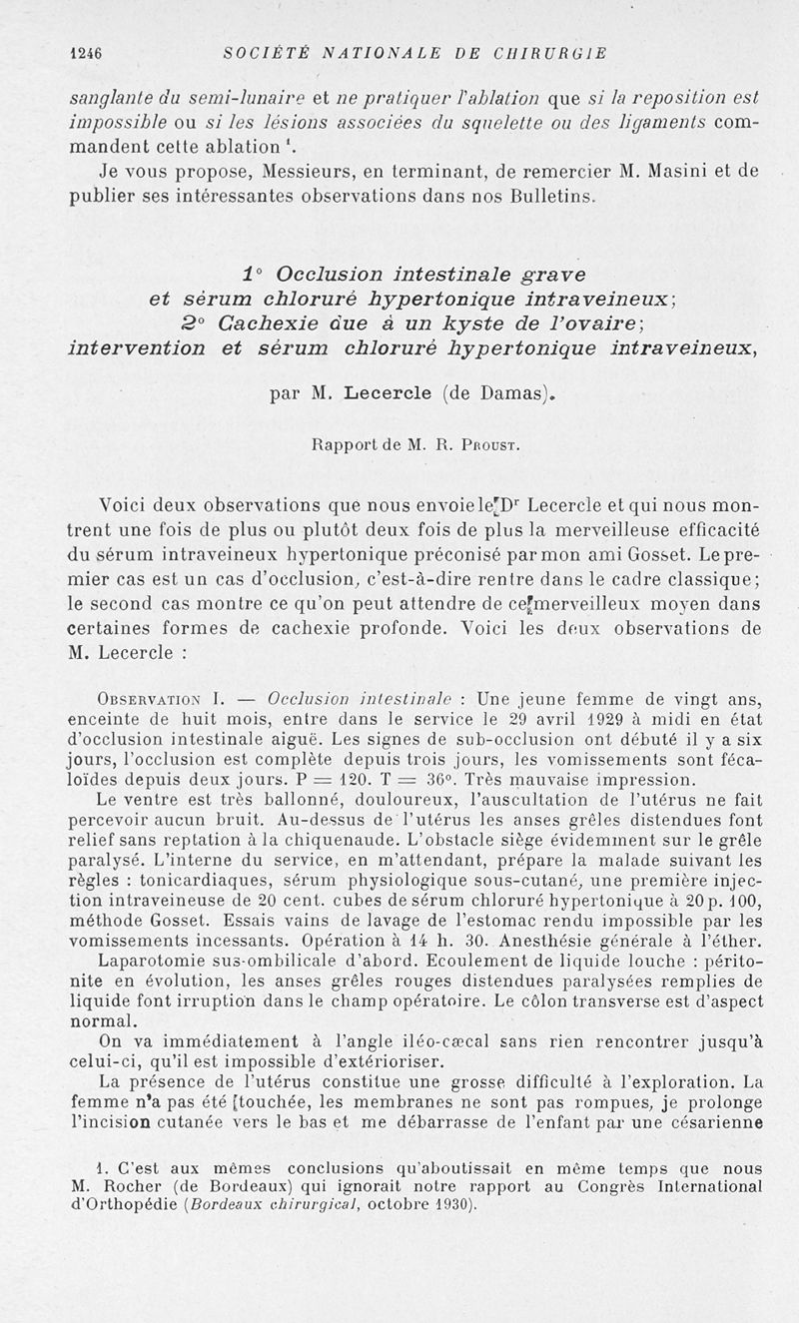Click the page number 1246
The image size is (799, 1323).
(x=88, y=52)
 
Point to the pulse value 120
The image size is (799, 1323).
(x=305, y=779)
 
